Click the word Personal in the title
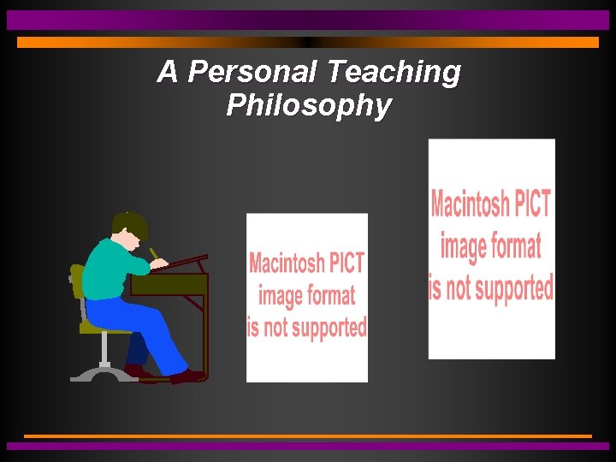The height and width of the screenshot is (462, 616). pos(252,73)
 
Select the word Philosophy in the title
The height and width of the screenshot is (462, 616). pos(309,106)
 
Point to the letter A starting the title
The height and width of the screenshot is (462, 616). pos(168,73)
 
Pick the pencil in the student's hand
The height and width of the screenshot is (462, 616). pos(154,254)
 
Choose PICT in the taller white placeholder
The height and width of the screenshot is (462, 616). pos(530,205)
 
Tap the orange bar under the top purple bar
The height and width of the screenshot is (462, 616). pos(308,42)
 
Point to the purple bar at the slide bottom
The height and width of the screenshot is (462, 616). pos(308,446)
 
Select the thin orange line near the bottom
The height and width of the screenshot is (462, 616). pos(308,436)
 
